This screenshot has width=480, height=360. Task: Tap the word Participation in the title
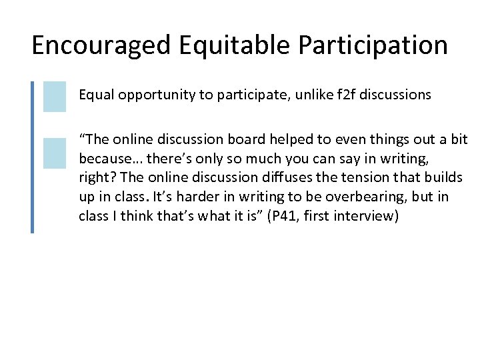tap(373, 46)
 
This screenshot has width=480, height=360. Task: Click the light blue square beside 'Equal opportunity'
tap(55, 96)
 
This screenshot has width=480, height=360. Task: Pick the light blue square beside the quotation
tap(55, 153)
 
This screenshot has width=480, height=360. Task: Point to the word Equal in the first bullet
tap(94, 95)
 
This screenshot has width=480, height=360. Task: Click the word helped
tap(290, 139)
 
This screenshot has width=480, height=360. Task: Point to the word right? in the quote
tap(95, 178)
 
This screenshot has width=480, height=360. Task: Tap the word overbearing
tap(333, 197)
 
